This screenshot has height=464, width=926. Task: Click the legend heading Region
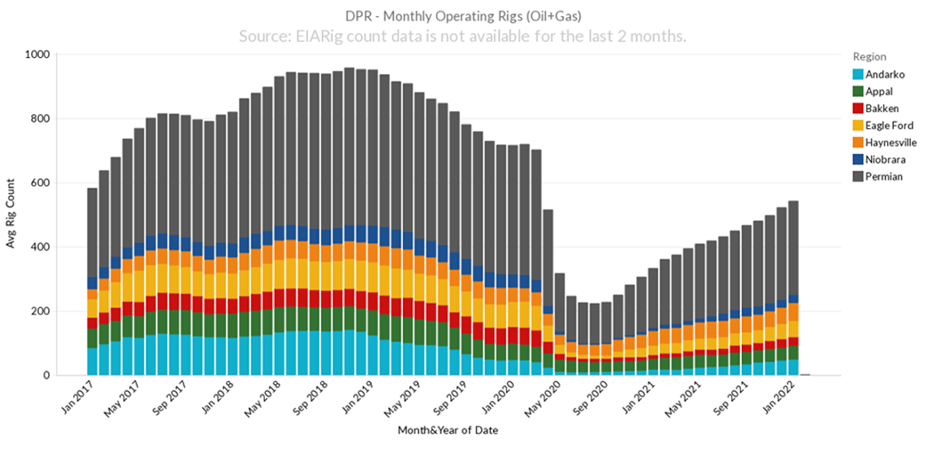[x=869, y=56]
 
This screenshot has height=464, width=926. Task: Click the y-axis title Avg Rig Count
[x=12, y=215]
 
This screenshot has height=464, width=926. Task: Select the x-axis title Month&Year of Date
[x=447, y=431]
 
